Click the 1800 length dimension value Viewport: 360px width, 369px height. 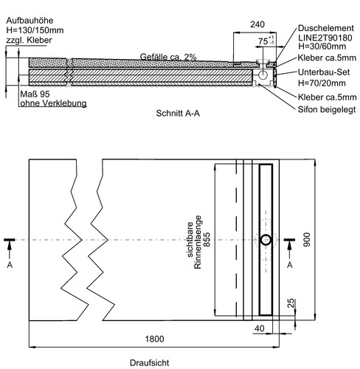[x=154, y=339]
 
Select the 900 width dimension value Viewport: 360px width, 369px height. [x=307, y=240]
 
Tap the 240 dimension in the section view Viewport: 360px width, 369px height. [x=257, y=24]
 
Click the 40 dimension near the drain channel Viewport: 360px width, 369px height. [x=260, y=328]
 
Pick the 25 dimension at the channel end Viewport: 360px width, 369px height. [x=291, y=303]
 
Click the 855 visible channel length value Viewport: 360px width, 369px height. [x=207, y=240]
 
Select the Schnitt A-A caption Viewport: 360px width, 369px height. [x=178, y=113]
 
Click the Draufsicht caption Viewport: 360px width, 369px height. [x=150, y=362]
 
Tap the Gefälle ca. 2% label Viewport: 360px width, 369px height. [x=168, y=57]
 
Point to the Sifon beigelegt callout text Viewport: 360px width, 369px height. [x=327, y=109]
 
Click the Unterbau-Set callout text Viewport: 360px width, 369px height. [x=324, y=72]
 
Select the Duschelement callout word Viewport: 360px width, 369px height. [x=326, y=28]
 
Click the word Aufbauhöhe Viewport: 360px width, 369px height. [x=30, y=20]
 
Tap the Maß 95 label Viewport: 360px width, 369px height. [x=35, y=94]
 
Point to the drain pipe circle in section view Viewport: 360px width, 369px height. [x=263, y=75]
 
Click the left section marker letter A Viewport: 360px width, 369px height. [x=10, y=265]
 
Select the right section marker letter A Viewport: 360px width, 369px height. [x=290, y=265]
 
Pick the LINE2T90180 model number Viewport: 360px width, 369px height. [x=325, y=38]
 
